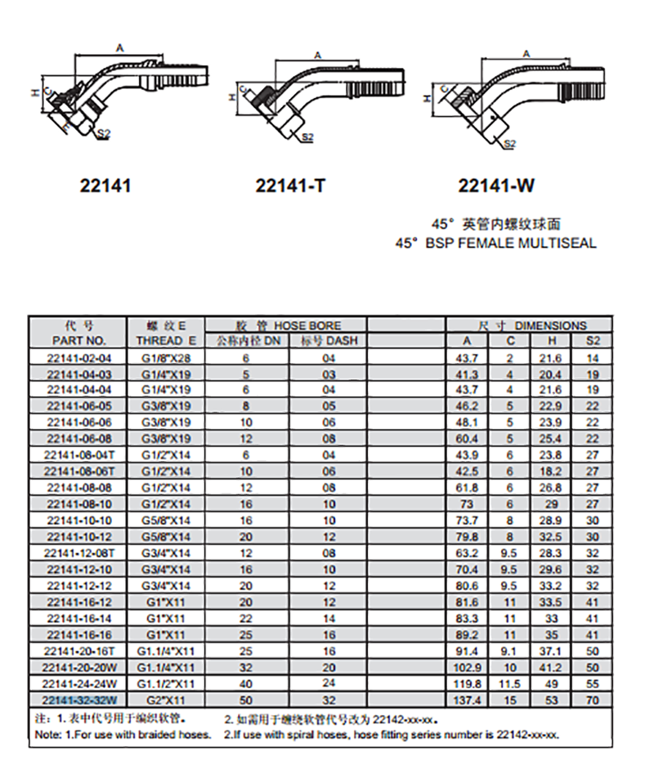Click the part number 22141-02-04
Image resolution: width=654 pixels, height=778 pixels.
tap(79, 358)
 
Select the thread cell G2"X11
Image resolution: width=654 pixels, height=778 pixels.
tap(166, 700)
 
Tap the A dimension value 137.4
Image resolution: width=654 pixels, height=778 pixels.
tap(467, 700)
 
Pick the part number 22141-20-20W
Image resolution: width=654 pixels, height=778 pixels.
tap(79, 668)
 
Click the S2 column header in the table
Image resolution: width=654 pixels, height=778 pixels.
tap(593, 341)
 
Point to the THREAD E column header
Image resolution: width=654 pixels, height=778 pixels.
tap(166, 341)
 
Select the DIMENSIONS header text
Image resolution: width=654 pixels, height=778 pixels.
tap(551, 326)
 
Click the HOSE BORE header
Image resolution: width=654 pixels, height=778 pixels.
tap(307, 326)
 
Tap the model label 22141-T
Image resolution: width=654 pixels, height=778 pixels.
tap(290, 186)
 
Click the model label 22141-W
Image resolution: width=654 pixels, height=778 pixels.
tap(496, 186)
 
